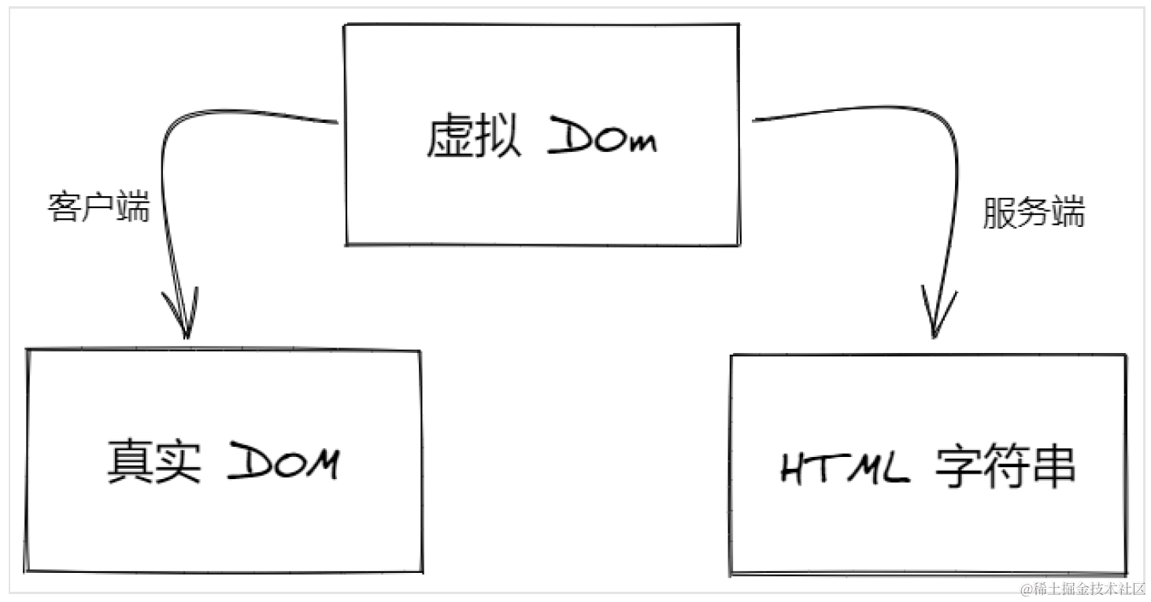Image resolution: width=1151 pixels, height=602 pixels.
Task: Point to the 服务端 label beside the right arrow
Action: [x=1034, y=212]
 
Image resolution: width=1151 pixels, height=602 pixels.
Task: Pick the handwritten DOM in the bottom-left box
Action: [x=284, y=463]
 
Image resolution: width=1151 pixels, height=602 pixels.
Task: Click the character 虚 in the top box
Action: [x=450, y=139]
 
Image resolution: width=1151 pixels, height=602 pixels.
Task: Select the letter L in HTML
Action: [x=895, y=470]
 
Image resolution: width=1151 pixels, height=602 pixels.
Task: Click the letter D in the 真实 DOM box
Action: [x=247, y=463]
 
